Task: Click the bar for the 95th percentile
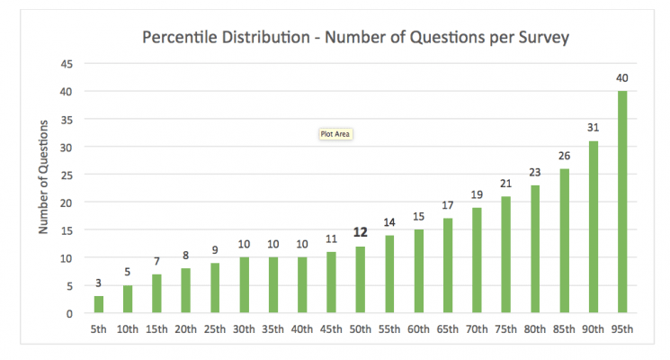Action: coord(621,202)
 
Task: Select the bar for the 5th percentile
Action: coord(99,305)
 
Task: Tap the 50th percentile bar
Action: coord(361,280)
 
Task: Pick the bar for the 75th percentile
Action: coord(505,255)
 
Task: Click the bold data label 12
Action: coord(361,232)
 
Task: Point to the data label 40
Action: coord(621,77)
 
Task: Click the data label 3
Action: coord(99,283)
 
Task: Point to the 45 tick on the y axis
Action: coord(67,64)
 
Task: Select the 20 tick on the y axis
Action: coord(67,202)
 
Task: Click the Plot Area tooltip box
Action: coord(335,134)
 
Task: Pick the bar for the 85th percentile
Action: coord(564,241)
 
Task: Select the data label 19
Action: coord(477,194)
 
